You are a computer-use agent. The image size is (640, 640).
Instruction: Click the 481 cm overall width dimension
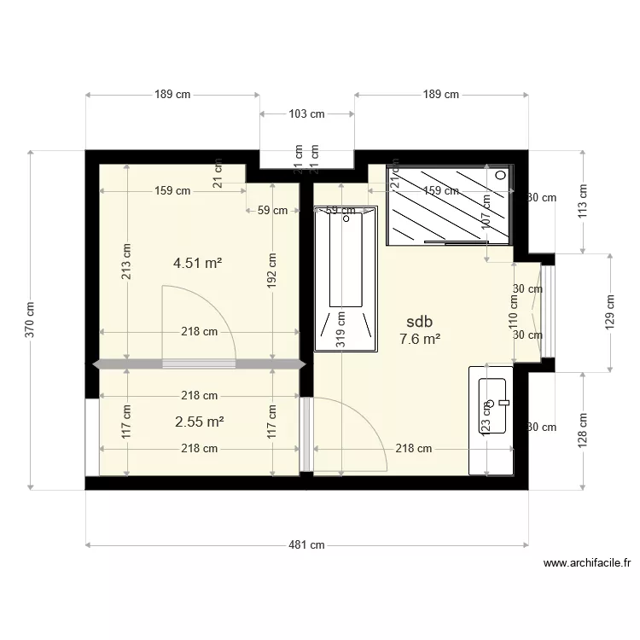coord(306,545)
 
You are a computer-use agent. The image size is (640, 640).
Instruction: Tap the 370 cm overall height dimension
coord(31,319)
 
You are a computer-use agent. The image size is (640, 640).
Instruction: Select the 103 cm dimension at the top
coord(306,113)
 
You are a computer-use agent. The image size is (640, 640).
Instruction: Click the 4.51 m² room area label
coord(198,264)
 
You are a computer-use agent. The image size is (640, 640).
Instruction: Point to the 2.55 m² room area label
coord(199,422)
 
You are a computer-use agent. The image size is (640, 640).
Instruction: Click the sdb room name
coord(420,322)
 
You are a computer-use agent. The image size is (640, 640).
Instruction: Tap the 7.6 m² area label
coord(420,339)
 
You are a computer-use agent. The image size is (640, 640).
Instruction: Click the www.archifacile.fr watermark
coord(588,563)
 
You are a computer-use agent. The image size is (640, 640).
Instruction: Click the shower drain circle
coord(501,175)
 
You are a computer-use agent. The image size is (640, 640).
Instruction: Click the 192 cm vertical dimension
coord(272,270)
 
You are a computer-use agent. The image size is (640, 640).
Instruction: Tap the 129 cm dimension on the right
coord(610,313)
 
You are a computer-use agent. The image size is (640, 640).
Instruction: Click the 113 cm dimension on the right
coord(583,202)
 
